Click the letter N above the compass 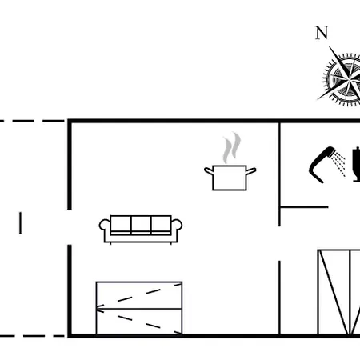click(322, 33)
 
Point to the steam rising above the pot click(232, 147)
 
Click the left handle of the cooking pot click(209, 171)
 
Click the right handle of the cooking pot click(251, 171)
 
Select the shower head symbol click(322, 164)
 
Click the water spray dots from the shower click(340, 163)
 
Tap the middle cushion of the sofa click(141, 225)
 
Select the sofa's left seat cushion click(121, 225)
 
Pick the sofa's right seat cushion click(161, 225)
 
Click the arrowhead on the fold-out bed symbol click(100, 309)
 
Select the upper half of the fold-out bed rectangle click(139, 295)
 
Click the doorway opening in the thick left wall click(70, 227)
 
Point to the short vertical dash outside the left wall click(20, 223)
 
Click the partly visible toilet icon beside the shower click(356, 164)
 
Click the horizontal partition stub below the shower click(304, 207)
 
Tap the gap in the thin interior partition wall click(279, 243)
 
